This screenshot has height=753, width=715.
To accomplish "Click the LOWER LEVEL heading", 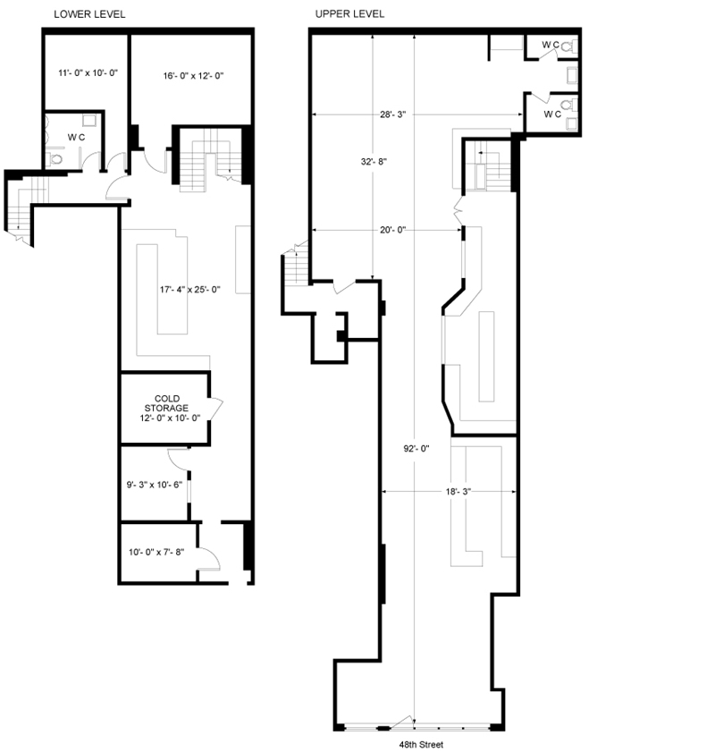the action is pyautogui.click(x=89, y=14).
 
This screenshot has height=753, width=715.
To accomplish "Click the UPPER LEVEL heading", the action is pyautogui.click(x=349, y=14).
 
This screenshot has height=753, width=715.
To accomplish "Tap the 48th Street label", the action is pyautogui.click(x=421, y=744).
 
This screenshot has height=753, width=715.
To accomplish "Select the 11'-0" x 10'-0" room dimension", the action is pyautogui.click(x=88, y=73).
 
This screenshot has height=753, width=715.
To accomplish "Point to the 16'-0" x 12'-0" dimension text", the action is pyautogui.click(x=193, y=76).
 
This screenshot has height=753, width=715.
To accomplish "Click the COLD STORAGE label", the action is pyautogui.click(x=166, y=403).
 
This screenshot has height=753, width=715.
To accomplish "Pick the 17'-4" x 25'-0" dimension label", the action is pyautogui.click(x=190, y=290).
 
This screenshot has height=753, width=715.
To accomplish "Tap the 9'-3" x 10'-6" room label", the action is pyautogui.click(x=154, y=485).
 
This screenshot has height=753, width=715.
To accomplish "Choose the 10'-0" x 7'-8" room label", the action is pyautogui.click(x=156, y=553).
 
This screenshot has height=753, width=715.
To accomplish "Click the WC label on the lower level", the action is pyautogui.click(x=76, y=138).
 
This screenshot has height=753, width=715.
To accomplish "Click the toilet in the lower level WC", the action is pyautogui.click(x=55, y=158).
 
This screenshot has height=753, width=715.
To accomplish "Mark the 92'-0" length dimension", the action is pyautogui.click(x=416, y=449).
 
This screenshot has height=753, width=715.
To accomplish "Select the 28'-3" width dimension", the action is pyautogui.click(x=392, y=114).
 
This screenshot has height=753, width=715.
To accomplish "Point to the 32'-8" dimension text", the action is pyautogui.click(x=374, y=162).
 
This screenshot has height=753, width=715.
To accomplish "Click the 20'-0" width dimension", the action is pyautogui.click(x=392, y=230).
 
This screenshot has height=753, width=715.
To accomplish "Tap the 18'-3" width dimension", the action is pyautogui.click(x=458, y=492).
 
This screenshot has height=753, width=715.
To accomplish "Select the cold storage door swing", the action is pyautogui.click(x=216, y=408).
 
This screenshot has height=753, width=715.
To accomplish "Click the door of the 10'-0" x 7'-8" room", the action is pyautogui.click(x=209, y=559).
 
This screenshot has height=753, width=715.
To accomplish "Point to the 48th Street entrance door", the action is pyautogui.click(x=402, y=723).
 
